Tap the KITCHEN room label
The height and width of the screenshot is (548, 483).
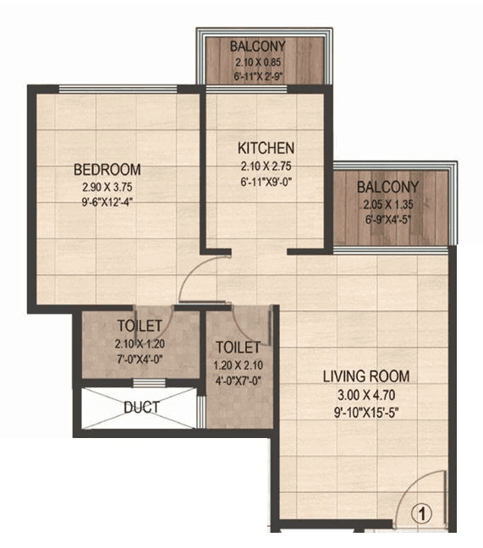266,147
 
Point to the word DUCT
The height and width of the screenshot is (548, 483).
141,407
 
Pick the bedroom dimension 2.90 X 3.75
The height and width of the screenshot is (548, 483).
107,186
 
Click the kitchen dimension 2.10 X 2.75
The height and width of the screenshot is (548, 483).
266,166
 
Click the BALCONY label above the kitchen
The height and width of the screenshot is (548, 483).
259,46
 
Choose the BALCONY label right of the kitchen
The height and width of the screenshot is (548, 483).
387,187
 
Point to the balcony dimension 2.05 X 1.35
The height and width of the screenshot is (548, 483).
387,205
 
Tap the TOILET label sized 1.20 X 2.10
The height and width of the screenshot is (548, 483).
238,347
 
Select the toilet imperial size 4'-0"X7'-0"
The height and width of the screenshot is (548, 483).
238,381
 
